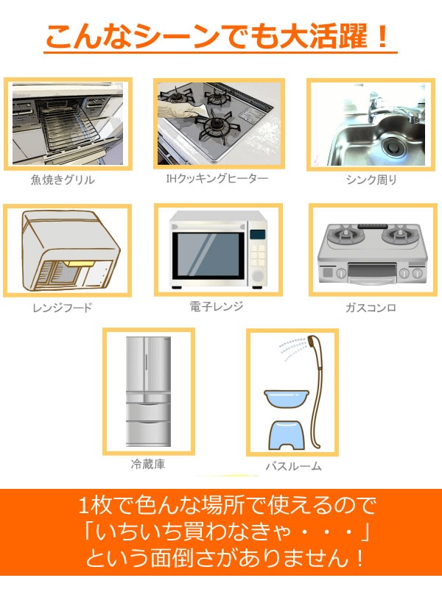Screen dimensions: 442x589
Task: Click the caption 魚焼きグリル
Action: tap(63, 180)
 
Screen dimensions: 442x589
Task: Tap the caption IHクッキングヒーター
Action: tap(217, 178)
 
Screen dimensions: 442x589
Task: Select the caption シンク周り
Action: tap(371, 180)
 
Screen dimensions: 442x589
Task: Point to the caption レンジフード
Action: tap(63, 308)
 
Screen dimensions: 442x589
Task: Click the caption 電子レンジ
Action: tap(217, 306)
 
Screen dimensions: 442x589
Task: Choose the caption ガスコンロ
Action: tap(371, 308)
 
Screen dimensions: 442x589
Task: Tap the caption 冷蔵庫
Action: tap(148, 465)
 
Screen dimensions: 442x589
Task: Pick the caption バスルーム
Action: tap(293, 466)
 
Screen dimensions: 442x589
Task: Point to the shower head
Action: tap(312, 342)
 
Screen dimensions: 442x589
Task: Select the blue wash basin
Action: tap(287, 398)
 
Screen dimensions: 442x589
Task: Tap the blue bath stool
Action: tap(287, 435)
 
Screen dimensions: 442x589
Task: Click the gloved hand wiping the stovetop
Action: tap(181, 107)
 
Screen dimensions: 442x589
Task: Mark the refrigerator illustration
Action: tap(148, 391)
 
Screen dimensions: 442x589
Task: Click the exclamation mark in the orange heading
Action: tap(383, 36)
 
